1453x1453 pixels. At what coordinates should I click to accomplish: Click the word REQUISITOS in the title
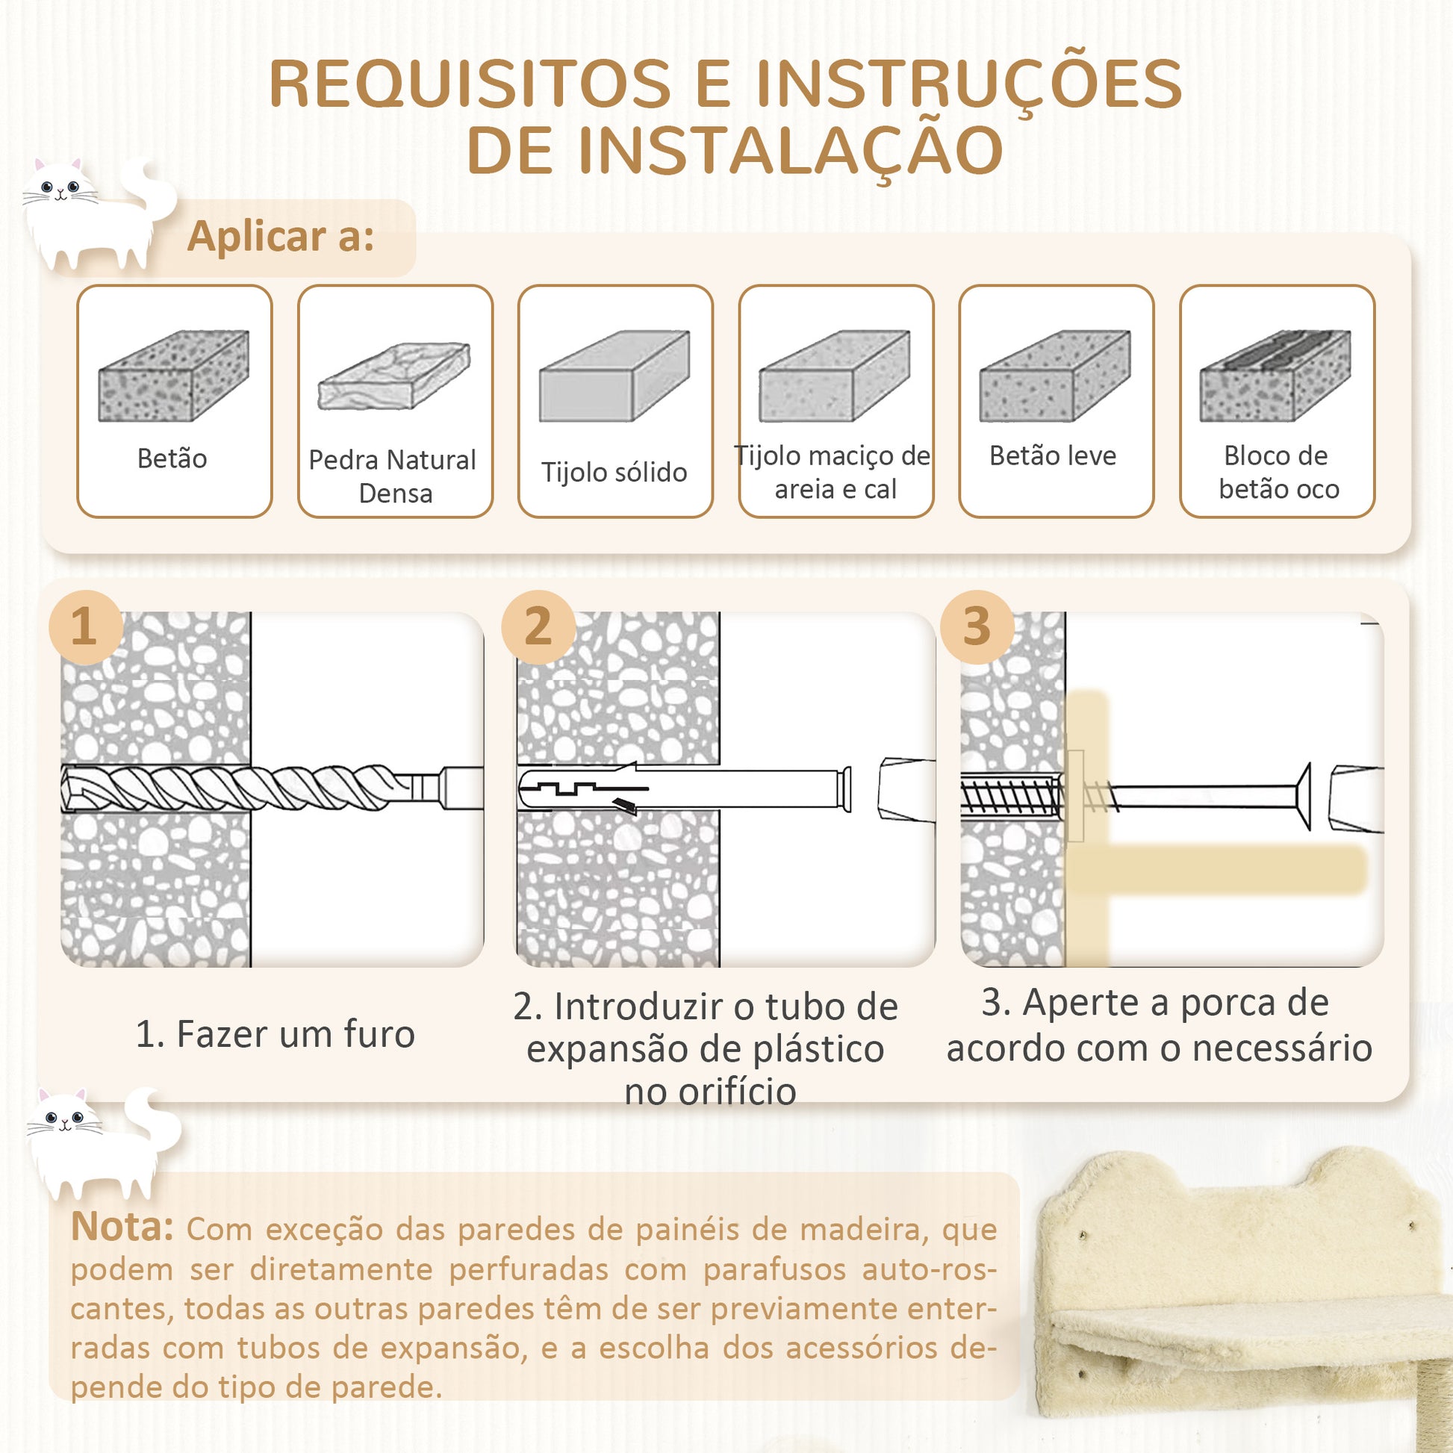[470, 84]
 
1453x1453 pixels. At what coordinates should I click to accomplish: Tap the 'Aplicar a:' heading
[281, 236]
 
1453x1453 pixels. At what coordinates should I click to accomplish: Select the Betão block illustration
[174, 376]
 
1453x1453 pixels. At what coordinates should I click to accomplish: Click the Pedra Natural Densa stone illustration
[394, 376]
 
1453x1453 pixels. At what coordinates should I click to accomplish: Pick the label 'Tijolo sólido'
[614, 473]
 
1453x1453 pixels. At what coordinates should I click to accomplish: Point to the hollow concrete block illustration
[1275, 376]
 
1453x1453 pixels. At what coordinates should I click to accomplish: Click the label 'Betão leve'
[1053, 455]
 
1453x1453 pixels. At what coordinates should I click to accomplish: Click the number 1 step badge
[86, 626]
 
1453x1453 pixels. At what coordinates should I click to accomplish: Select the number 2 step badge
[538, 626]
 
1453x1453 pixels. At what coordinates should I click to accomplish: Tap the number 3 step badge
[977, 626]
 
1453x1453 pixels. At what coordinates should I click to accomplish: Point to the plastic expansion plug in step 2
[685, 788]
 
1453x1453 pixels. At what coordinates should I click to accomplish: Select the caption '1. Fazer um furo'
[276, 1034]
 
